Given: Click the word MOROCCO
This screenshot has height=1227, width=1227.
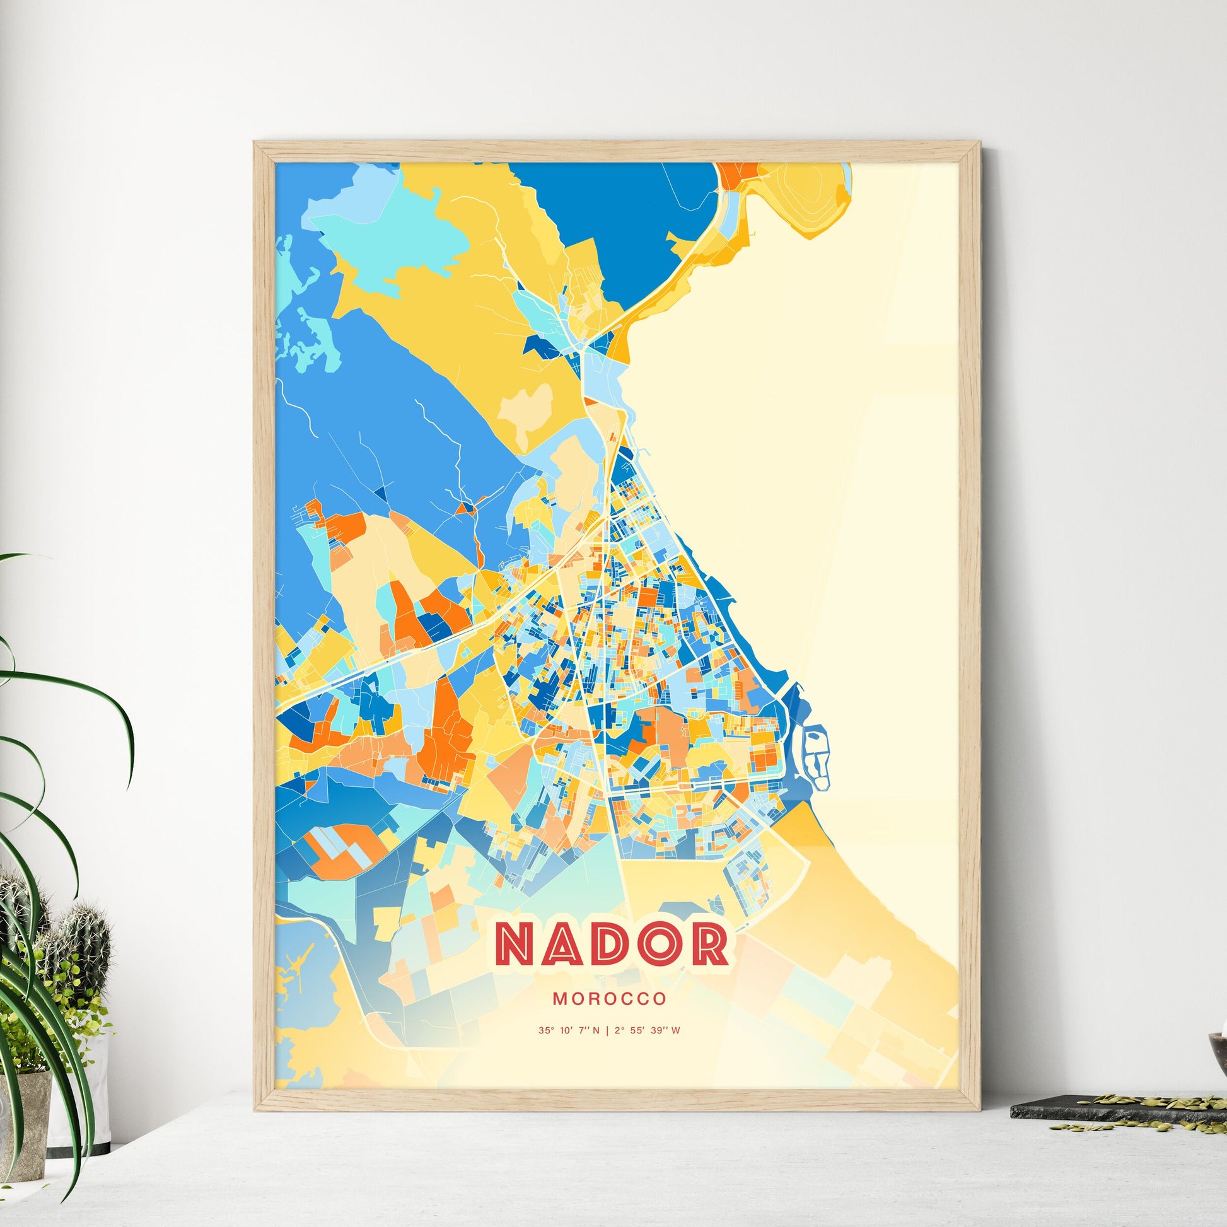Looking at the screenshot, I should tap(609, 999).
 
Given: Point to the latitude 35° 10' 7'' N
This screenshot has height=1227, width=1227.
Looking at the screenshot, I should tap(568, 1030).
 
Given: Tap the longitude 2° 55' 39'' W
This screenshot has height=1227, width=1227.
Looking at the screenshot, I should tap(647, 1030).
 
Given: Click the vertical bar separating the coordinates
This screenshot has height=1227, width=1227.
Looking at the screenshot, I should tap(607, 1030).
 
